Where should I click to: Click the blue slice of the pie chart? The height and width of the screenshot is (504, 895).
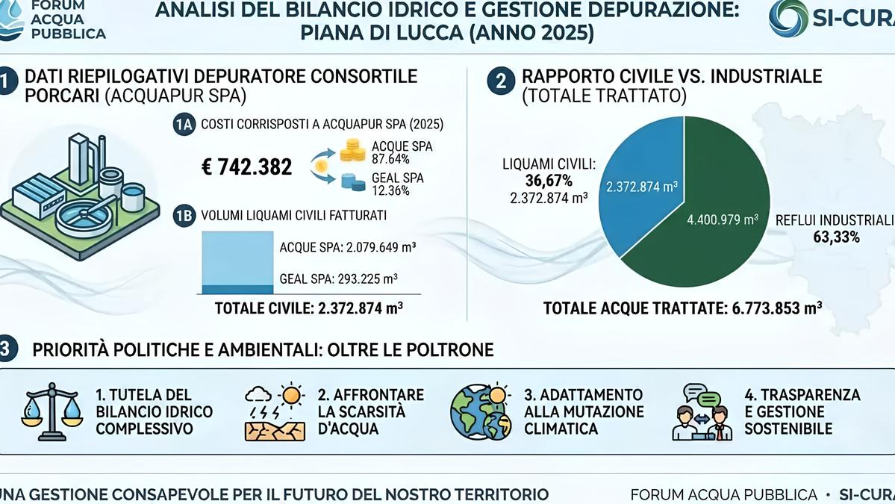642,183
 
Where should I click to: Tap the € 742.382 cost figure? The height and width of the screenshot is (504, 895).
246,167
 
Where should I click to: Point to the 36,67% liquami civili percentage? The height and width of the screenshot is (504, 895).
549,181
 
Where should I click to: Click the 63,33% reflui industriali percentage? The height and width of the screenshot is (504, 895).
836,237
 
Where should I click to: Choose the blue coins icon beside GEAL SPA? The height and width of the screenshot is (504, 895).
353,182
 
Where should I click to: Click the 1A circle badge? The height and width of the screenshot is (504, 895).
184,124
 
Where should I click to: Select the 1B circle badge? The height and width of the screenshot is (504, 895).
184,216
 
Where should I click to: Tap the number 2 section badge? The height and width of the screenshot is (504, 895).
501,81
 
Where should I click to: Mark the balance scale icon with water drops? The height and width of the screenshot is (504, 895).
52,411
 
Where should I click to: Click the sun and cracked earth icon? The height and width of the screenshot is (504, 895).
275,412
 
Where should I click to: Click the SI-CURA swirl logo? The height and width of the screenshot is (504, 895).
788,18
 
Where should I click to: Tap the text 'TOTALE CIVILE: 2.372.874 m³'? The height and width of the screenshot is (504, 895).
309,308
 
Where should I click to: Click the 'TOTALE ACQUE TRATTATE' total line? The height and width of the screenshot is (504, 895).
683,308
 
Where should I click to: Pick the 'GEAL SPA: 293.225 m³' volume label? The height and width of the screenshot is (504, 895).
338,279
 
